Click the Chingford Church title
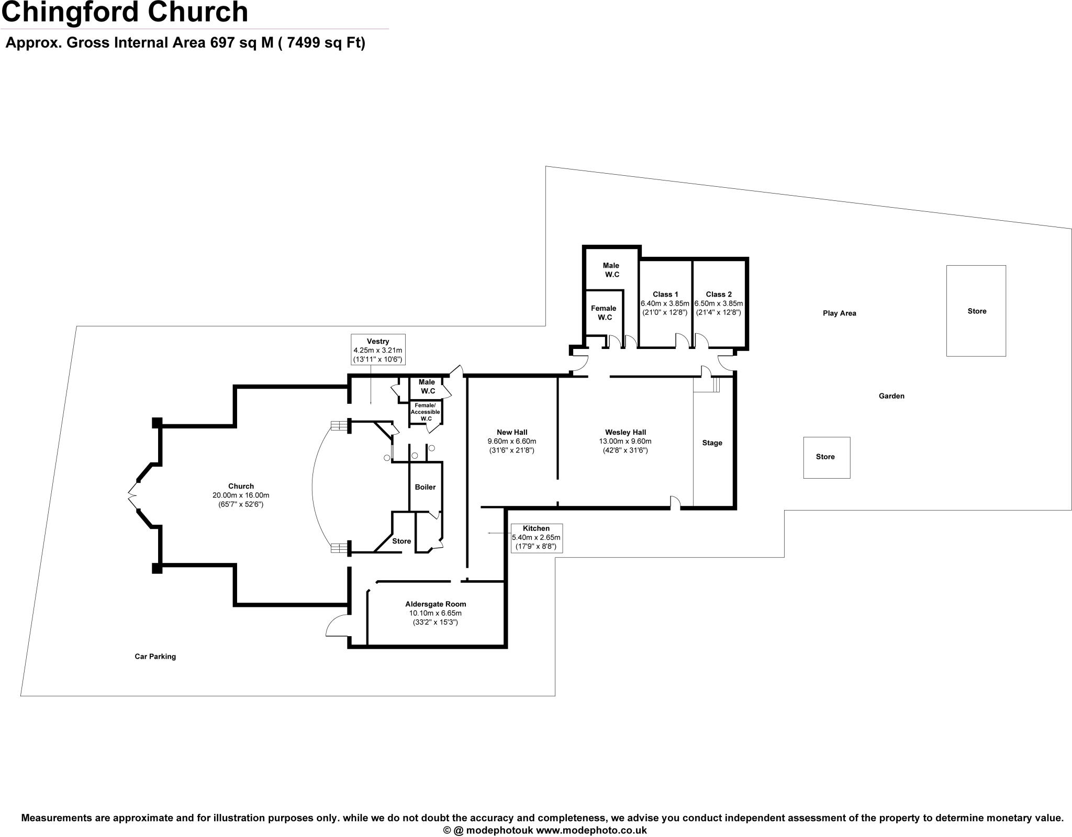125,13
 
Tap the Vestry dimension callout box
378,350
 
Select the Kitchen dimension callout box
536,538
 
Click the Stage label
712,443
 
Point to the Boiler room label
425,487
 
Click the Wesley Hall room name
626,432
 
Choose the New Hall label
512,432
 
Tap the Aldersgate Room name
435,604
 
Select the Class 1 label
665,295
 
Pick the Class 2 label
719,295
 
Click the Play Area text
839,313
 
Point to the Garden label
891,396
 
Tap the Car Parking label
155,657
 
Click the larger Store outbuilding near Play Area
976,311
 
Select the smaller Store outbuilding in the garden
825,457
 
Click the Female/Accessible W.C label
425,412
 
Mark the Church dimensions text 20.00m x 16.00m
241,495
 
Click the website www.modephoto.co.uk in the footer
591,830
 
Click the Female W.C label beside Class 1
604,313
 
